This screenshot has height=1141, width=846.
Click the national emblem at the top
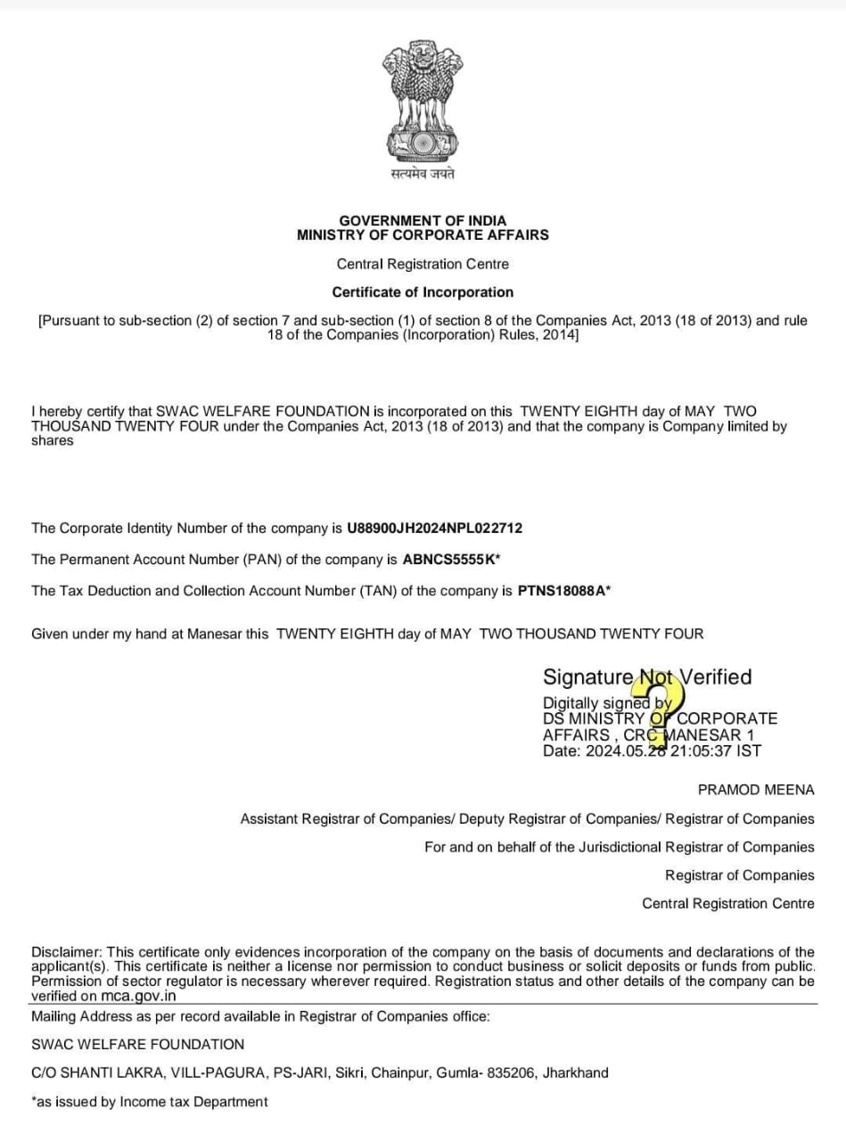423,100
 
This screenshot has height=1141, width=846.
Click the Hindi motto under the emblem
423,174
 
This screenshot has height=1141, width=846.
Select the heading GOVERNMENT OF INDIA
423,220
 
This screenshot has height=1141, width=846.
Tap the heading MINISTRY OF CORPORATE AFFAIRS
423,235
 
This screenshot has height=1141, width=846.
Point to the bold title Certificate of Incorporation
423,292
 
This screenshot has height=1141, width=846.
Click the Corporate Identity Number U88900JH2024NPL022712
434,528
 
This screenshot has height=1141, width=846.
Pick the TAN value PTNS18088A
563,591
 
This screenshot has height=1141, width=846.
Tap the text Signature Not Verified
647,677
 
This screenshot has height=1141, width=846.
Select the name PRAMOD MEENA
756,790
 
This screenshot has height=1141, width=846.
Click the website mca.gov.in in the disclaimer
136,997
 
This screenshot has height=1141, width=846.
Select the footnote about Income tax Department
149,1102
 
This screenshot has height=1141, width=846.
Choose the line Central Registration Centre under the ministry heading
423,264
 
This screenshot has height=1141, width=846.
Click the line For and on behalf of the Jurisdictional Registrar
619,847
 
